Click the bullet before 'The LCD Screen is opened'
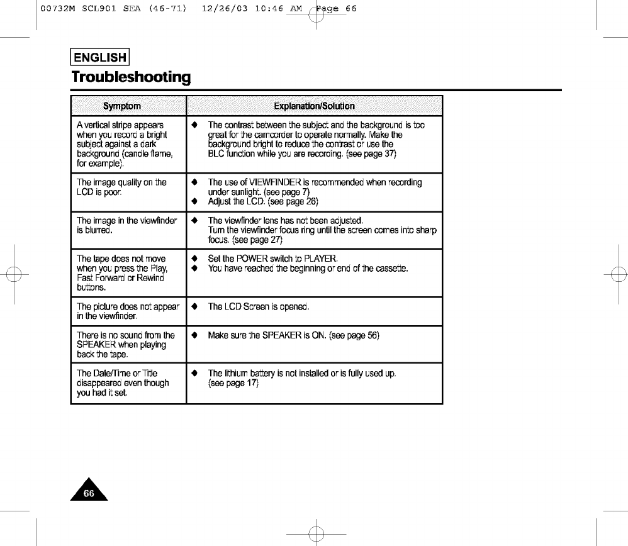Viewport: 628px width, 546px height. click(x=194, y=307)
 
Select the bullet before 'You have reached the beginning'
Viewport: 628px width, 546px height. click(x=194, y=269)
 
